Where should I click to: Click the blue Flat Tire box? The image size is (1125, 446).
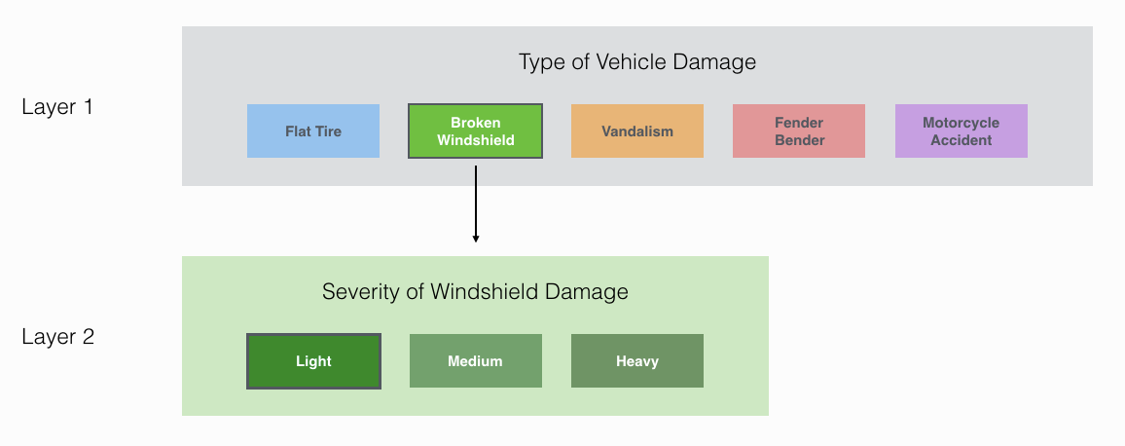point(313,131)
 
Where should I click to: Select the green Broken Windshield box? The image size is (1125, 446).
point(475,131)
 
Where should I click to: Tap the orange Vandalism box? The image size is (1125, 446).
point(637,131)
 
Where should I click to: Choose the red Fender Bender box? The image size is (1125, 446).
point(799,131)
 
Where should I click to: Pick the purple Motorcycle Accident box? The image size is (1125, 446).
point(961,131)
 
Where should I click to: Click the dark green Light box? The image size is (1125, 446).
point(313,361)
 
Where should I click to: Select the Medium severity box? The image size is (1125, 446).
point(475,361)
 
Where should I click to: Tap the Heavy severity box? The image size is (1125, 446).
point(637,361)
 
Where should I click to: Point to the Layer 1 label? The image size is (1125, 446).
point(57,107)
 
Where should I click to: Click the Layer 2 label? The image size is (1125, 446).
point(57,338)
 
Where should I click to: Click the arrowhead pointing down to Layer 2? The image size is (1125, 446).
point(476,237)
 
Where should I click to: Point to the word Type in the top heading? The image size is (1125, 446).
point(540,63)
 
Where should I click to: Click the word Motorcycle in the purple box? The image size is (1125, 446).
point(961,123)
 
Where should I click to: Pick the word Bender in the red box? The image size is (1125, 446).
point(799,140)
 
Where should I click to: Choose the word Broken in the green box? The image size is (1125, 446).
point(475,123)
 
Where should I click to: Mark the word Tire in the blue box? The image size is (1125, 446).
point(329,131)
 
